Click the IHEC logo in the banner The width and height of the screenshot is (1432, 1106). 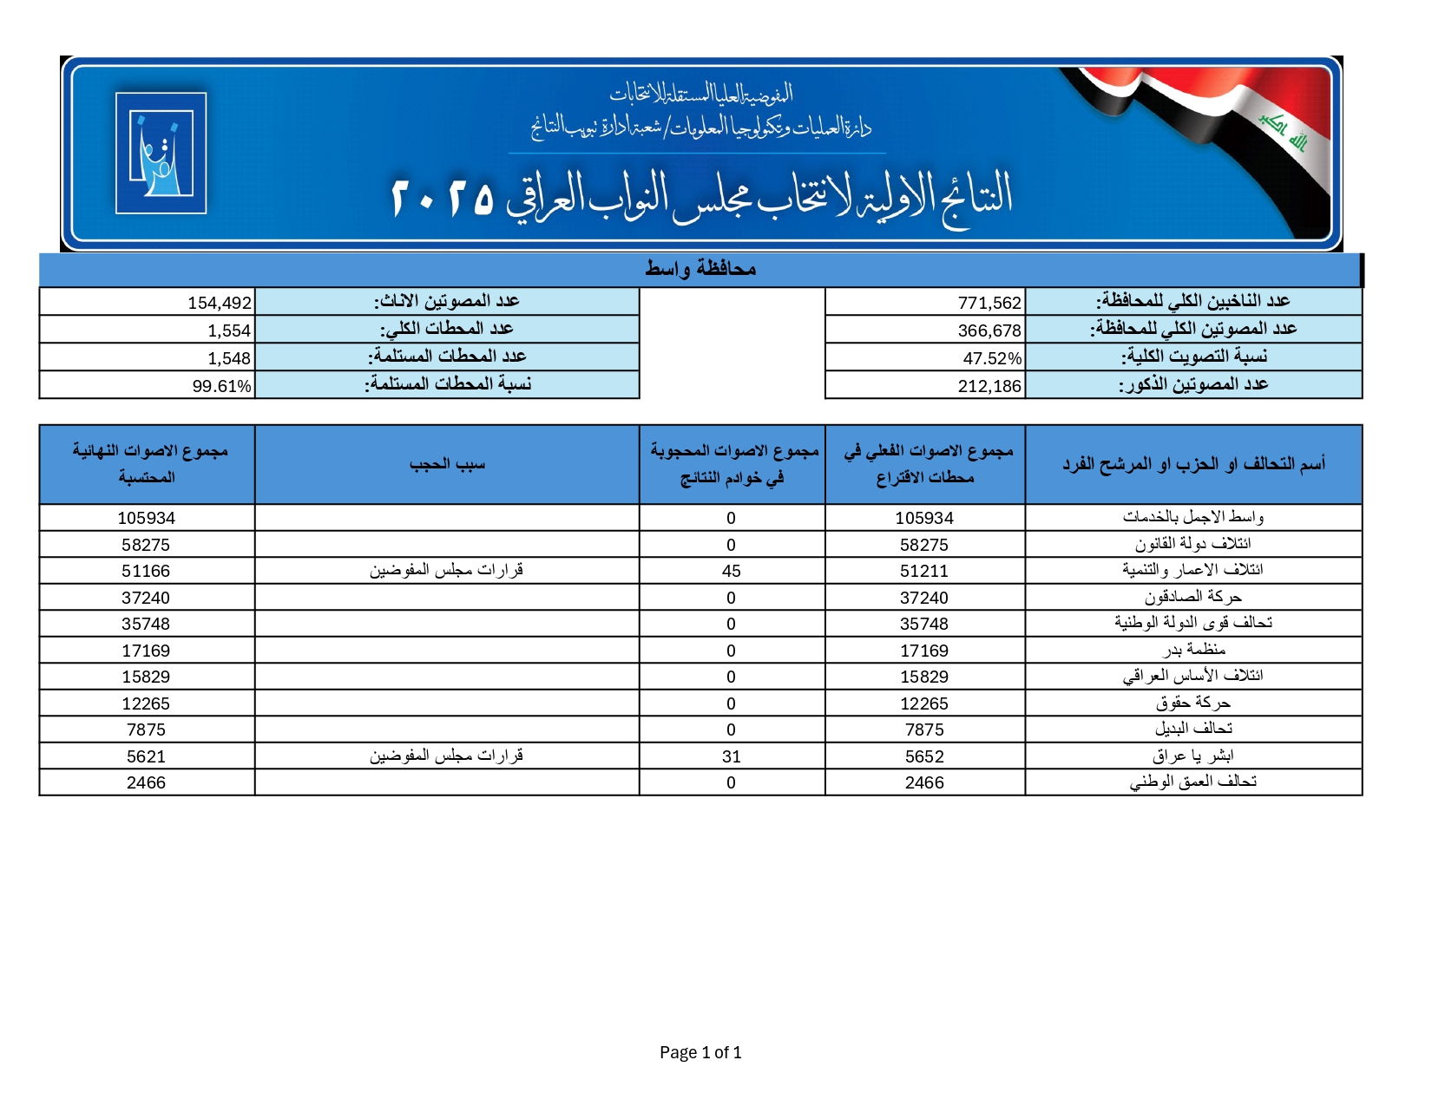coord(161,153)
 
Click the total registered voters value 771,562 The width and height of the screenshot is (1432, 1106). coord(989,303)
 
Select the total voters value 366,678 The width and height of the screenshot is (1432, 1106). coord(989,330)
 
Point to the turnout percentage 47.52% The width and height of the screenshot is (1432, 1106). coord(992,358)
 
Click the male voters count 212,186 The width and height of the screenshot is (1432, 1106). coord(989,386)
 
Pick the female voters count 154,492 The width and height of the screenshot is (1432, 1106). coord(220,303)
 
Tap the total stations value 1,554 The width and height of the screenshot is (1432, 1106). coord(229,330)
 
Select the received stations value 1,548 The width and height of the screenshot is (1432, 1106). coord(229,358)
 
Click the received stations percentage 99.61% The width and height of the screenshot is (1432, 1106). coord(222,386)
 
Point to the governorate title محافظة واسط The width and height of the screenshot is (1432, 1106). coord(700,269)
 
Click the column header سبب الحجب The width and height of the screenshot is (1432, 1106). coord(447,464)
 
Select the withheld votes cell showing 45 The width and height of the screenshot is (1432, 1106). coord(731,571)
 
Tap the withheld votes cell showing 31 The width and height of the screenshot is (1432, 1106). coord(731,756)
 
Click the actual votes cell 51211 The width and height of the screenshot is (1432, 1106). coord(924,571)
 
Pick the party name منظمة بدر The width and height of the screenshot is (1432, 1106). coord(1194,650)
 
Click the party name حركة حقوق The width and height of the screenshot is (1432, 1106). coord(1193,703)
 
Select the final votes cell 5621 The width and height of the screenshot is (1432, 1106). coord(146,756)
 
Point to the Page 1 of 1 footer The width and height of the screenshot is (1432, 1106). coord(700,1052)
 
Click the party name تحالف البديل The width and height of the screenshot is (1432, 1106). coord(1193,730)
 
